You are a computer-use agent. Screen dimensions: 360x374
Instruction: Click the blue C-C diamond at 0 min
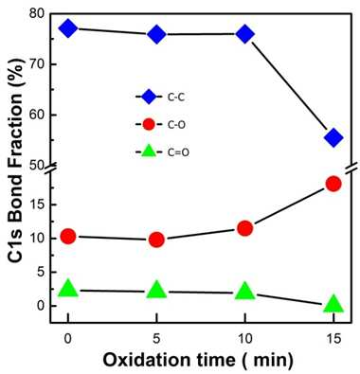point(68,28)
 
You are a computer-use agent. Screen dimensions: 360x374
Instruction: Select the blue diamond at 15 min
point(333,137)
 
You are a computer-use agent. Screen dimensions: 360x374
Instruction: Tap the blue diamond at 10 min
point(245,34)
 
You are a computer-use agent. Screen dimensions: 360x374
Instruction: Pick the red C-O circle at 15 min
point(333,184)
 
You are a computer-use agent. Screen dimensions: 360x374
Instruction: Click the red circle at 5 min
point(156,240)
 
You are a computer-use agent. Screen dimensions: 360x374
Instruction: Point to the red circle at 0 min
point(68,237)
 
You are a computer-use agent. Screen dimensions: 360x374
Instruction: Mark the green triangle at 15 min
point(333,304)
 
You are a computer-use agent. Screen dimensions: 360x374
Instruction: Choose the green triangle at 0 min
point(68,288)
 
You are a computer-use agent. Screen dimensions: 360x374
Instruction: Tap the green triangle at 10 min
point(245,291)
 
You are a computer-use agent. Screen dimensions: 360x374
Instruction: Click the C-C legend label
point(176,98)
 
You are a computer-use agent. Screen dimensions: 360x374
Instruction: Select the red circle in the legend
point(149,125)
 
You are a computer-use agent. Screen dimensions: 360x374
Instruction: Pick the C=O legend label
point(178,152)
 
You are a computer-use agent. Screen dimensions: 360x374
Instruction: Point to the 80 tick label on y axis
point(38,14)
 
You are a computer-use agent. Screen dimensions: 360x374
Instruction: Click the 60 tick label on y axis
point(38,116)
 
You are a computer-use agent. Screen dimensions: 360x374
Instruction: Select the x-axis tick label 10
point(245,339)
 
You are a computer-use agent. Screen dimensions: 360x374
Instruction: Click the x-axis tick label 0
point(68,339)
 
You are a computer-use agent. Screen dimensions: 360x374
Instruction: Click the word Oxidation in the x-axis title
point(146,360)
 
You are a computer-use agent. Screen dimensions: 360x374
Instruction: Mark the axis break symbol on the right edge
point(351,168)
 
